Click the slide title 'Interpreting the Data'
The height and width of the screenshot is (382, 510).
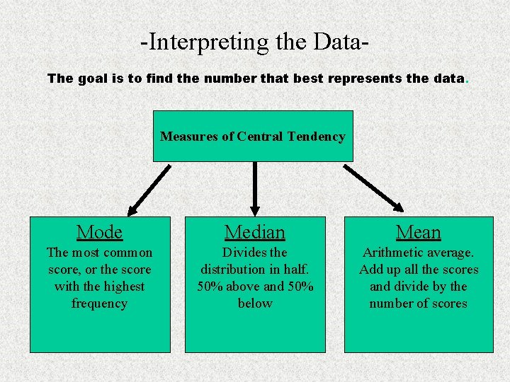(254, 42)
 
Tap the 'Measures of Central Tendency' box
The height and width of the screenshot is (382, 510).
(253, 137)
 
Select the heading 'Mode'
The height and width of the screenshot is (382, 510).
(99, 232)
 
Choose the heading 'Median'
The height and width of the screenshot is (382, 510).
(255, 232)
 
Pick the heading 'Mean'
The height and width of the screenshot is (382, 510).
(419, 232)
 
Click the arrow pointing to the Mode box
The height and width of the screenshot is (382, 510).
(149, 189)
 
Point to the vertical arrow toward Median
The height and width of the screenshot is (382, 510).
(255, 188)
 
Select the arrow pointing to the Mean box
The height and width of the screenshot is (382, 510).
(373, 188)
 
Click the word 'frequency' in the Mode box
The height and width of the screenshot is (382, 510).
(99, 303)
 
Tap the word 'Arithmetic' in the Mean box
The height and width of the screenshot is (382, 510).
(392, 253)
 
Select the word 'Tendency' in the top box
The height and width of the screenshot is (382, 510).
(317, 137)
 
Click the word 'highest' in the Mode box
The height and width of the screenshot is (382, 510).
(124, 286)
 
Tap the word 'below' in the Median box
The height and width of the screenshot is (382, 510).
(255, 303)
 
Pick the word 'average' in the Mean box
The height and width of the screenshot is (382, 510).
(448, 253)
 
